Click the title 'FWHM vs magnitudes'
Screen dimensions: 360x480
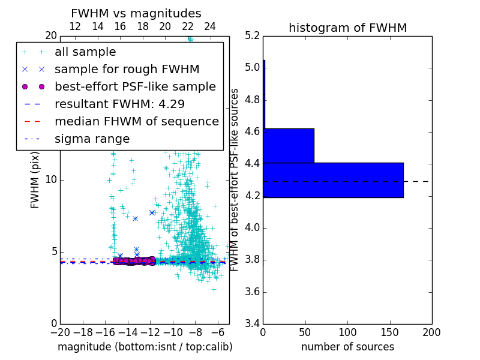(136, 14)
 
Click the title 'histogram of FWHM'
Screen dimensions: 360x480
(347, 28)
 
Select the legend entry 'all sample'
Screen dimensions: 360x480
(85, 52)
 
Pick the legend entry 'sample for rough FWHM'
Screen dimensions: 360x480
(127, 70)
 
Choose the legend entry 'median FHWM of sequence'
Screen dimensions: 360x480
(136, 122)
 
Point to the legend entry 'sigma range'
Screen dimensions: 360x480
(92, 139)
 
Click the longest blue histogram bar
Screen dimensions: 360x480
(333, 180)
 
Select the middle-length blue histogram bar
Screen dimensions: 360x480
(289, 145)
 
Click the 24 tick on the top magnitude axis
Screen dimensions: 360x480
(210, 26)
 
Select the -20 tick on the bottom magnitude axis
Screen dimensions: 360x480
(60, 332)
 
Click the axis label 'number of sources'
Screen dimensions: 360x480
(347, 347)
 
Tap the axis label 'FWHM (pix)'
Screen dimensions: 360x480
(35, 179)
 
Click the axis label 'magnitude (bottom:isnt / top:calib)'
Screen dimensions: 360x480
(145, 347)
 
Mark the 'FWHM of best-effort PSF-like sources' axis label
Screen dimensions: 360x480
(235, 179)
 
